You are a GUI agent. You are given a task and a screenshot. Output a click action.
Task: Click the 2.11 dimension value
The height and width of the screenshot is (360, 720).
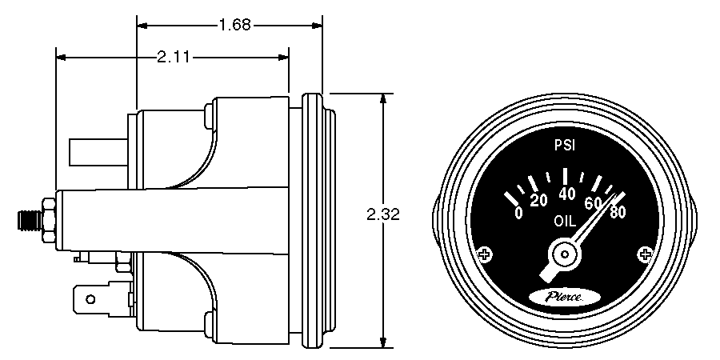point(174,57)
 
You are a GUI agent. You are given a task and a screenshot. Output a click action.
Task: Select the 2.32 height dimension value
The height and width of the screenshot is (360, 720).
point(382,214)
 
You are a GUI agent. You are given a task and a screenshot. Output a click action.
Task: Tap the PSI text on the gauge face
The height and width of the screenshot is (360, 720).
point(566,146)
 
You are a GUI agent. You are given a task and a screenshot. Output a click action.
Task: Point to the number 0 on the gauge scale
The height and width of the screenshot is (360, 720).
point(518,212)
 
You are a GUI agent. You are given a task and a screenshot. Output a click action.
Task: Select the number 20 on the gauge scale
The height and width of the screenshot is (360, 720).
point(539,199)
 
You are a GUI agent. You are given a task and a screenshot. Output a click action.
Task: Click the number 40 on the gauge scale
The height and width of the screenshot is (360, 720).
point(567,194)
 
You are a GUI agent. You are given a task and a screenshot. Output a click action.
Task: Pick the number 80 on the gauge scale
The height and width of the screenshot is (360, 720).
point(617,213)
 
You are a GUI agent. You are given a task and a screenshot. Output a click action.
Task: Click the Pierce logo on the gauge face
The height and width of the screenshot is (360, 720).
point(566,297)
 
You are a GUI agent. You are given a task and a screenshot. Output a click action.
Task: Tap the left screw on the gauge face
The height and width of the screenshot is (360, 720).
point(484,255)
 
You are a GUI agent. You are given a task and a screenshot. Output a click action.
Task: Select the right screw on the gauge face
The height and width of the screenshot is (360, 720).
point(646,254)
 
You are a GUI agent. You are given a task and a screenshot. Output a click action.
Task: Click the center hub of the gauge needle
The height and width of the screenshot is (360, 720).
point(566,255)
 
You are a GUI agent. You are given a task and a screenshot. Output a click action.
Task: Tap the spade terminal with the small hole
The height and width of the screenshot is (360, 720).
point(90,300)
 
